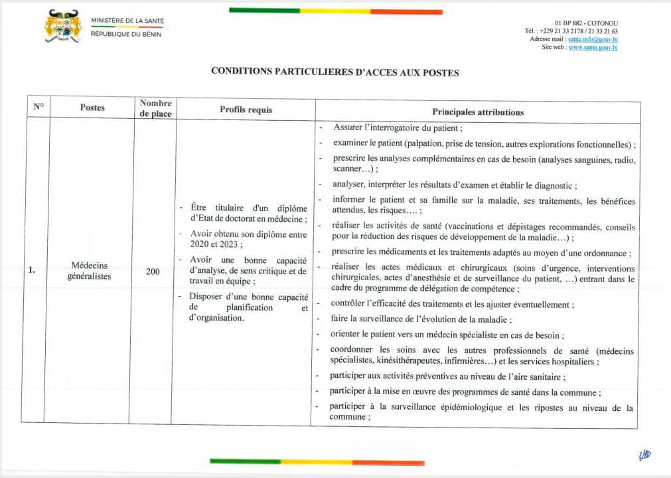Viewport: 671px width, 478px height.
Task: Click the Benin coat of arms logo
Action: click(x=62, y=27)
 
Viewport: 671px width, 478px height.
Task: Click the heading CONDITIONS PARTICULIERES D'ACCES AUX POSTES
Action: click(x=335, y=72)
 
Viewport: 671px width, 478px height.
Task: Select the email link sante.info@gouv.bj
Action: click(x=593, y=39)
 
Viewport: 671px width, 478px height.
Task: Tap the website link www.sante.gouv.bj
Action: click(x=593, y=47)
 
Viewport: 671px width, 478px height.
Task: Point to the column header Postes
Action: click(x=92, y=108)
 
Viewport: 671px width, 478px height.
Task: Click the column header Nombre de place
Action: click(x=155, y=108)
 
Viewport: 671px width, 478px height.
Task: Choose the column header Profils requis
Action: click(x=246, y=110)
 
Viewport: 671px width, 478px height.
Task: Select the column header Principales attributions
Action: click(x=478, y=112)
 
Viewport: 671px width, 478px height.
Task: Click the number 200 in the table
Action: click(x=153, y=271)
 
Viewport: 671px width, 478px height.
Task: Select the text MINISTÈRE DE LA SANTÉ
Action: click(x=127, y=21)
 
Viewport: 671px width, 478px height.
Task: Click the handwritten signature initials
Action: click(x=644, y=454)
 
